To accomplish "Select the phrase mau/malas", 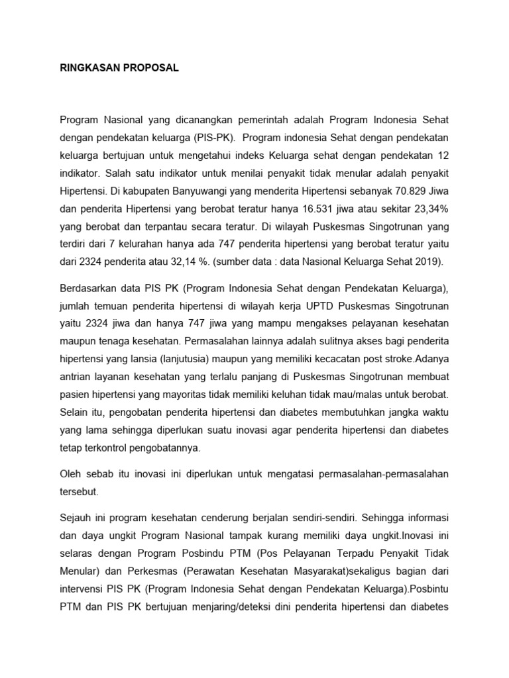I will (373, 395).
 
